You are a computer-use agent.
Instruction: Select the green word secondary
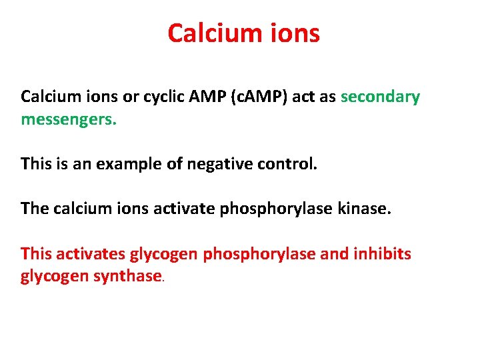point(380,97)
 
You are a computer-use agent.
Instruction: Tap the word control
point(283,163)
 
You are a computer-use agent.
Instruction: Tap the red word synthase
point(127,276)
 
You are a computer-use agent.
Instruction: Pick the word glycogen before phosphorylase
point(163,255)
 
